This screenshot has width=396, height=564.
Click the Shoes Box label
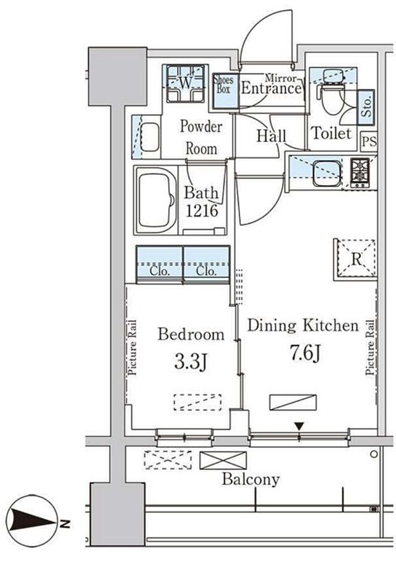tap(223, 84)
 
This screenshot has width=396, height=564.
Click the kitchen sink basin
tap(326, 174)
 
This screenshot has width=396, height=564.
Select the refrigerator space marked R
tap(356, 259)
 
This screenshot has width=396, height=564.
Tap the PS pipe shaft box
tap(369, 141)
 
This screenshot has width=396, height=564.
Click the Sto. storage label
tap(367, 107)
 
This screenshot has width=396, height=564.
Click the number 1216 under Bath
tap(201, 211)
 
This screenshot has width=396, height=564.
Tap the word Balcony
tap(251, 480)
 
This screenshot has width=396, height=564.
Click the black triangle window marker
tap(299, 427)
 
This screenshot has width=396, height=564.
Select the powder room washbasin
tap(149, 137)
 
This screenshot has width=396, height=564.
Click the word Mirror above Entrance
tap(281, 78)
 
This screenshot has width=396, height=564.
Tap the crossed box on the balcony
tap(223, 460)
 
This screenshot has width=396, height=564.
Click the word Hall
tap(271, 136)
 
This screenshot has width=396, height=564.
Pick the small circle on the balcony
tap(374, 454)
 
